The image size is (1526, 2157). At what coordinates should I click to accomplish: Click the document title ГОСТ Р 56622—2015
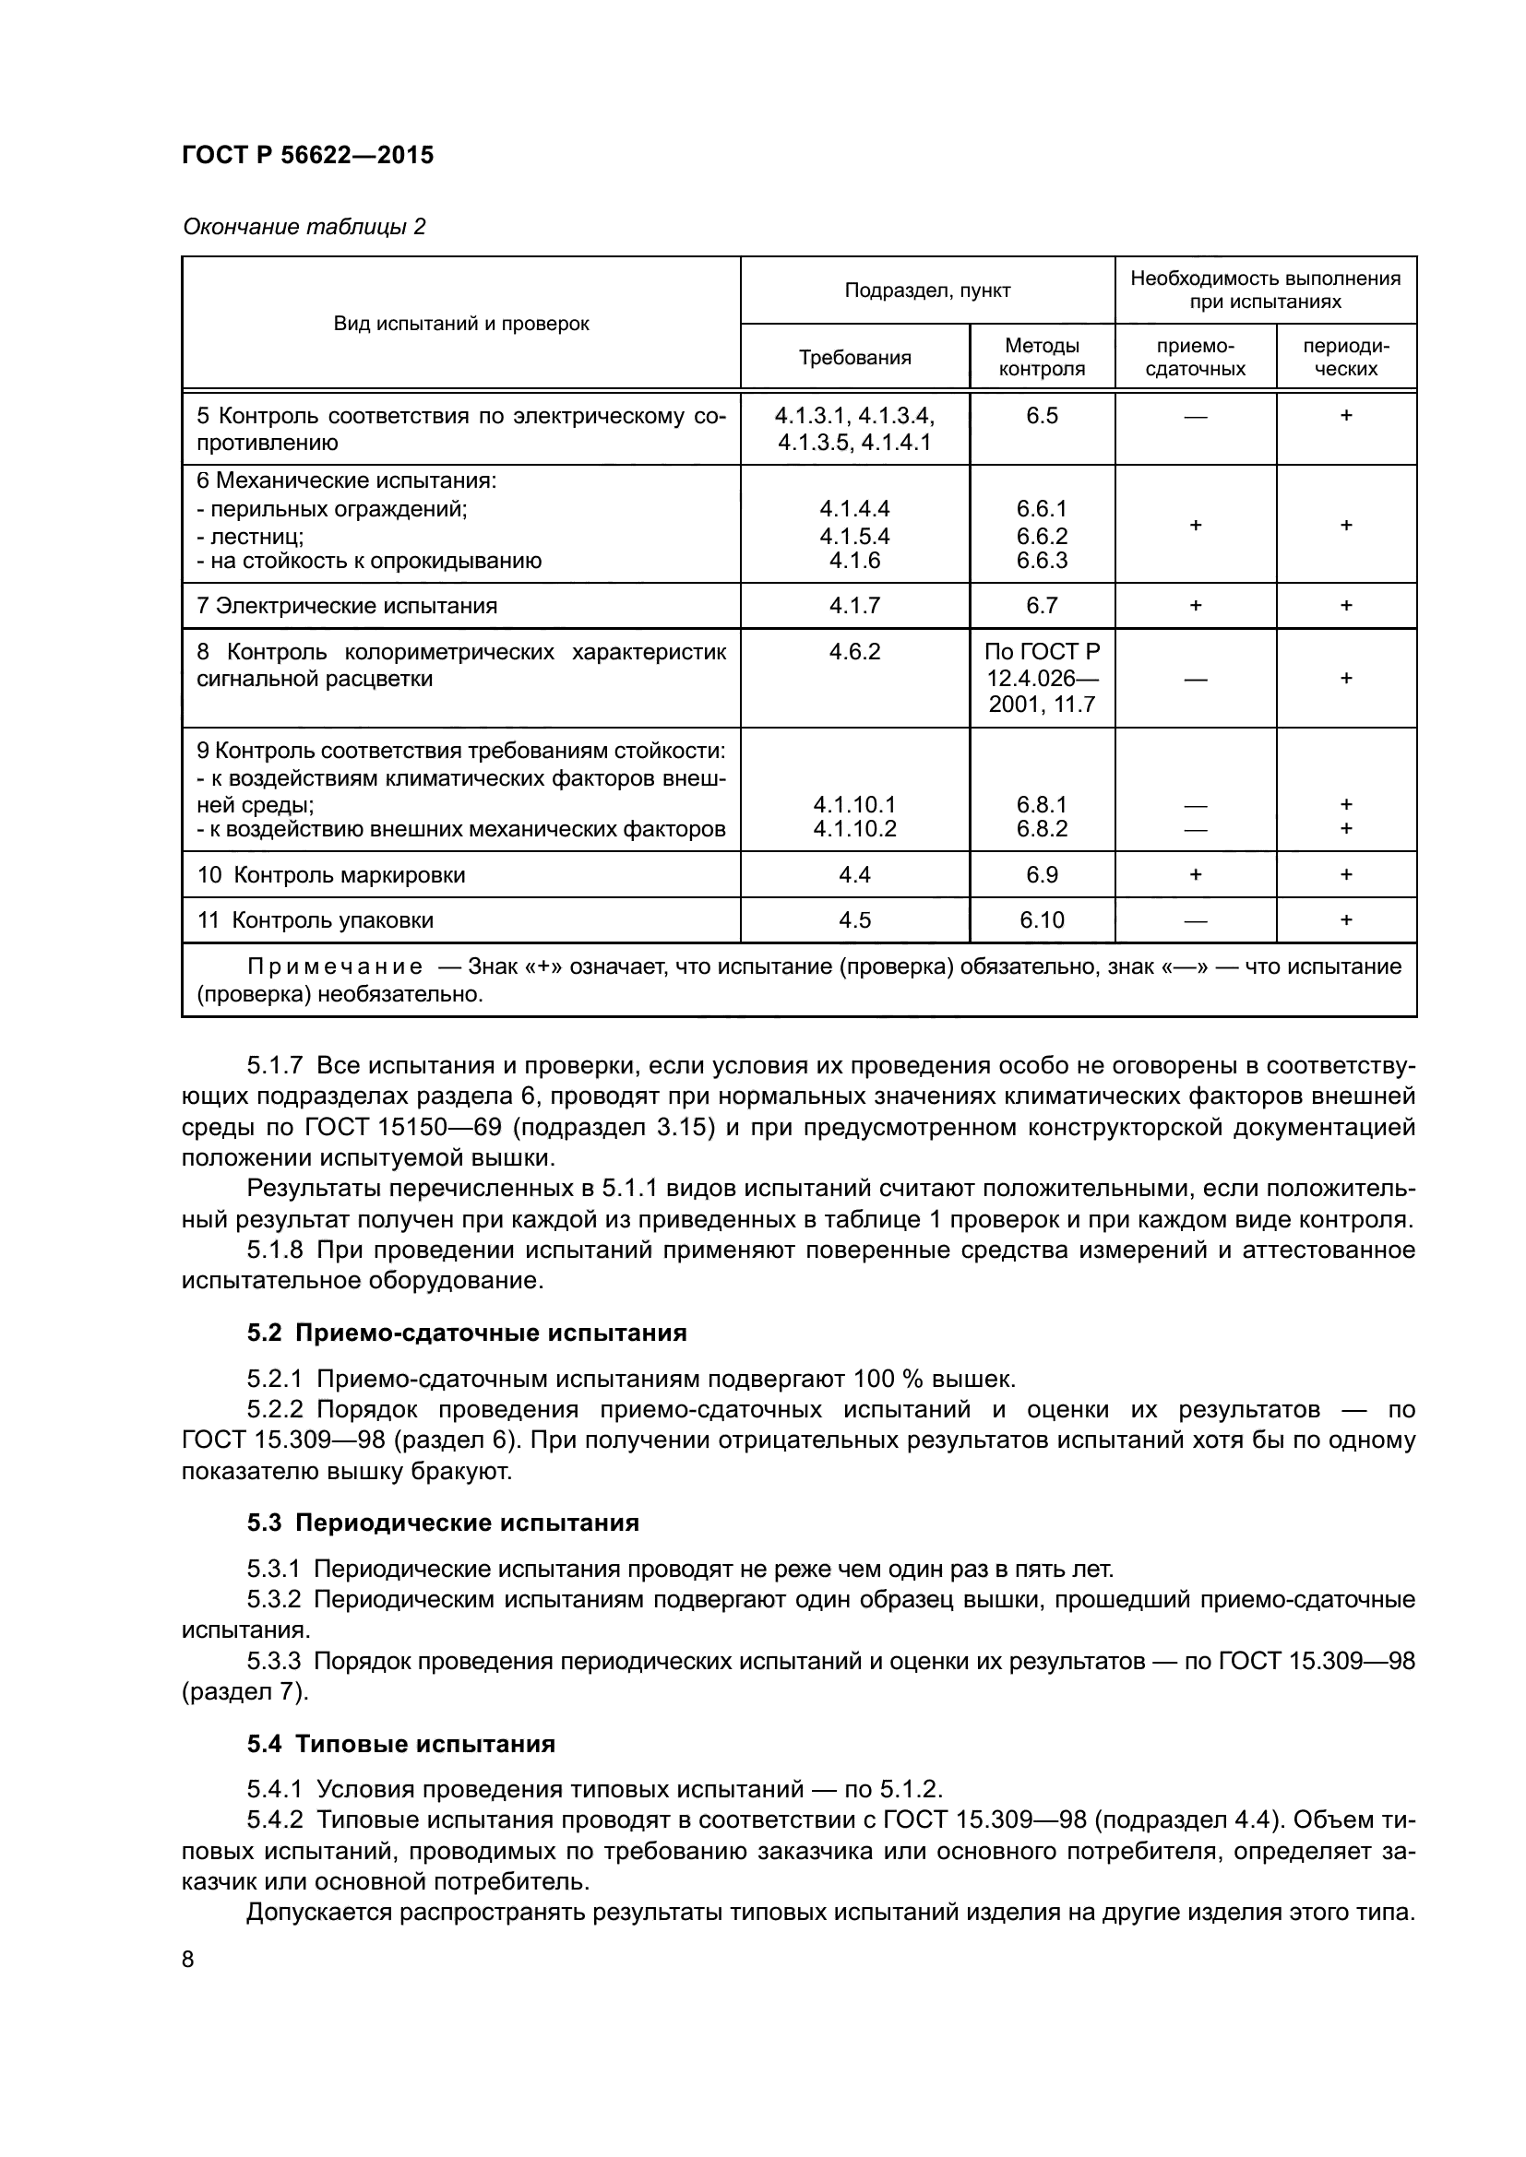pyautogui.click(x=307, y=155)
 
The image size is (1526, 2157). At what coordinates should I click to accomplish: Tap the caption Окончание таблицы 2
pyautogui.click(x=304, y=227)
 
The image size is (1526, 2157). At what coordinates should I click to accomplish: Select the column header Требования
pyautogui.click(x=854, y=358)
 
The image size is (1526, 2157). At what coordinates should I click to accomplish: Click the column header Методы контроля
pyautogui.click(x=1041, y=357)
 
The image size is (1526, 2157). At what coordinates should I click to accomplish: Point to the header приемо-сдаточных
pyautogui.click(x=1194, y=357)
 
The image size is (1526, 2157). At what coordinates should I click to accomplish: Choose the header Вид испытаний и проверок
pyautogui.click(x=460, y=324)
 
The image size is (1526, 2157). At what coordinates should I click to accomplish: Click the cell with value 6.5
pyautogui.click(x=1041, y=416)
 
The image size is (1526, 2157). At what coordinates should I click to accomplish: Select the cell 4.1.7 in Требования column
pyautogui.click(x=854, y=606)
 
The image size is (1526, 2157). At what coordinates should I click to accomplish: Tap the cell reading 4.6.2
pyautogui.click(x=854, y=652)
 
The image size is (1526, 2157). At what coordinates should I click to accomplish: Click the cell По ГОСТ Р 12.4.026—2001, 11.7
pyautogui.click(x=1041, y=679)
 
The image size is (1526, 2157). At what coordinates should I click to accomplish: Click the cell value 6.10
pyautogui.click(x=1041, y=919)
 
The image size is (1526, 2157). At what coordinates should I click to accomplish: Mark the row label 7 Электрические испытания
pyautogui.click(x=347, y=606)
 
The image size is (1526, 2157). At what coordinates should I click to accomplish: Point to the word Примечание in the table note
pyautogui.click(x=335, y=966)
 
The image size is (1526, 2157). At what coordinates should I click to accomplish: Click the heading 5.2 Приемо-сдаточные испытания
pyautogui.click(x=466, y=1333)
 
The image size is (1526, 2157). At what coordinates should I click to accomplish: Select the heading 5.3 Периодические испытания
pyautogui.click(x=443, y=1522)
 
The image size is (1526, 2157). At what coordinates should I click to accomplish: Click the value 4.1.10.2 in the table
pyautogui.click(x=854, y=829)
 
